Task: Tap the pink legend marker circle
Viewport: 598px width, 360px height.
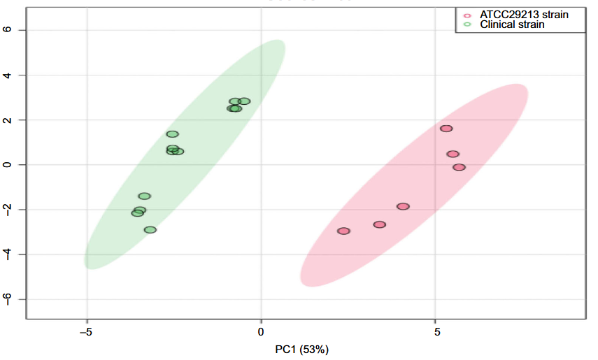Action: coord(467,15)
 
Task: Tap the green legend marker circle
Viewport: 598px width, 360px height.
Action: coord(467,24)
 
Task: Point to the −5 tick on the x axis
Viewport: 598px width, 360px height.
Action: coord(86,331)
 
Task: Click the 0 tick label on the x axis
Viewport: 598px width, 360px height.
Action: coord(261,331)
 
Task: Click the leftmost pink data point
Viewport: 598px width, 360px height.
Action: coord(343,231)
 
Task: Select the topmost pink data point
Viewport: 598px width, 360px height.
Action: coord(446,129)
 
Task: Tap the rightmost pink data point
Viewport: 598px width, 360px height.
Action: coord(459,167)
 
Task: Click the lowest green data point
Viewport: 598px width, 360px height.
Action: coord(150,229)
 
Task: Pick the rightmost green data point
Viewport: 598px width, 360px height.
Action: coord(244,101)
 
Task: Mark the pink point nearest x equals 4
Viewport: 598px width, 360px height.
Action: coord(403,206)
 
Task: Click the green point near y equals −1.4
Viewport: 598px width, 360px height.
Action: coord(145,196)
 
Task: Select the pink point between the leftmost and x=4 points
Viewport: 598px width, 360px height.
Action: coord(379,224)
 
